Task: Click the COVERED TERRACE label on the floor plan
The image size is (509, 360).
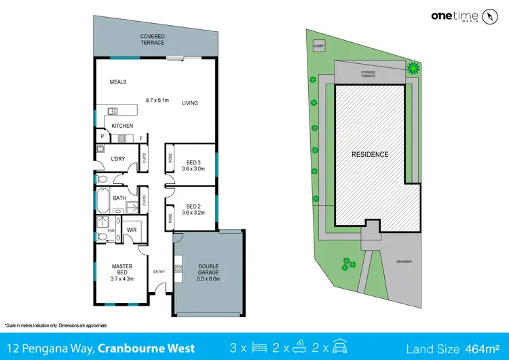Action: (x=153, y=39)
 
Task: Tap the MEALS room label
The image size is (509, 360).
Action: (x=119, y=83)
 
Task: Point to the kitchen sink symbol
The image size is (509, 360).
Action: (x=112, y=110)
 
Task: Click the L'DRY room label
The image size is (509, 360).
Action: (x=117, y=159)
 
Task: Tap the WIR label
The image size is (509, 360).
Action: (x=132, y=230)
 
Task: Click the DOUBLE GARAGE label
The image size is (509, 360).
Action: (x=209, y=270)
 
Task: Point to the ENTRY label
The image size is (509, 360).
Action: (x=159, y=272)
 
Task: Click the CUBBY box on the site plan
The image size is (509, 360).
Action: (x=318, y=46)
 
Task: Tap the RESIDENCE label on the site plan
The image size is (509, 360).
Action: (x=370, y=154)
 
